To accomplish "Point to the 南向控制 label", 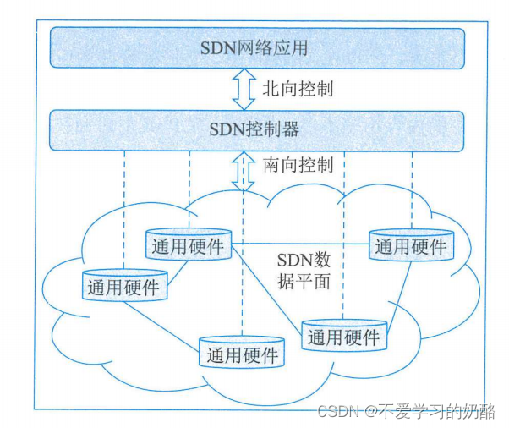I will click(x=297, y=165).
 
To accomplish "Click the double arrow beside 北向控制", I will click(x=244, y=88).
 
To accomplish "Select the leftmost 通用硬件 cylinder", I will click(x=123, y=286).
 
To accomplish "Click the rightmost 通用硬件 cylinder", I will click(x=411, y=245).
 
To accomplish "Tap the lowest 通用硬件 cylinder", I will click(x=243, y=353).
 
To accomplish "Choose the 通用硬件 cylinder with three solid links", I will click(x=189, y=245).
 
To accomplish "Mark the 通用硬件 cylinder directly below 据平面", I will click(x=344, y=336).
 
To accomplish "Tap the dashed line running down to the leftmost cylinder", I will click(x=124, y=211).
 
